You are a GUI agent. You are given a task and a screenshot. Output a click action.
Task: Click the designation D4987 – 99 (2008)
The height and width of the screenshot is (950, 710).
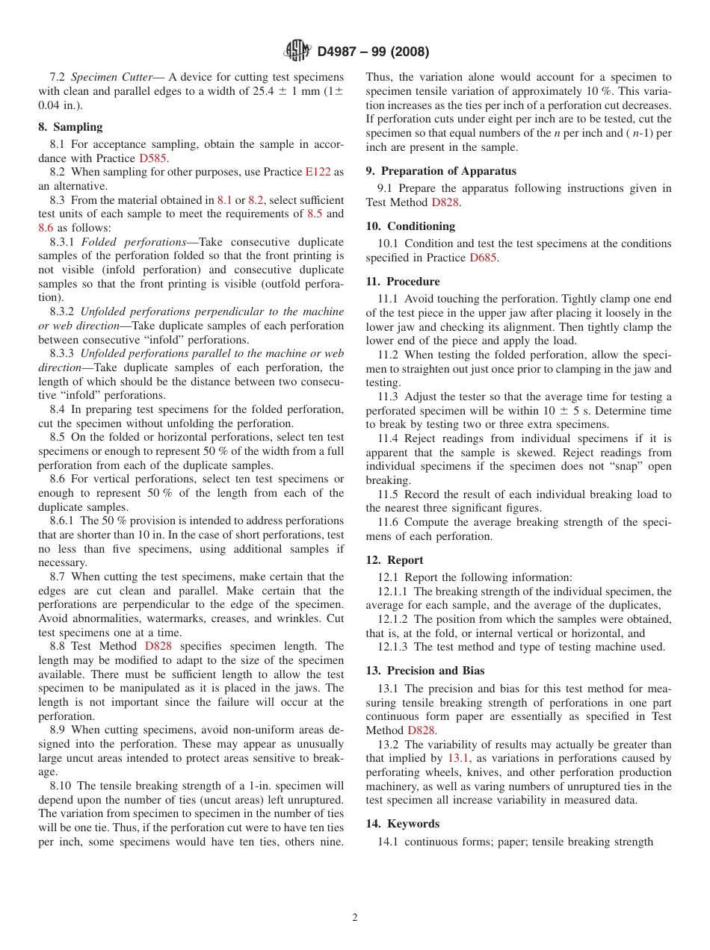(x=373, y=52)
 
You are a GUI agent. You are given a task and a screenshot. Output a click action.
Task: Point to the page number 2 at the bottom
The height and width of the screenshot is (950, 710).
(x=355, y=918)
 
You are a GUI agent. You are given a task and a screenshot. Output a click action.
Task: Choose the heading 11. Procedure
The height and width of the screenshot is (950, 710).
(x=403, y=282)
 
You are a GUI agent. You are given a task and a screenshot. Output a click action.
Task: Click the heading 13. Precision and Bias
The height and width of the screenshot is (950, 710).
(x=425, y=671)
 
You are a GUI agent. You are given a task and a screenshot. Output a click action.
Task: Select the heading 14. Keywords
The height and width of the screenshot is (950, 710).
(x=403, y=824)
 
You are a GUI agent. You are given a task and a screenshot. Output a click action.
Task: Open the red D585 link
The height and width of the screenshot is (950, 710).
(x=153, y=158)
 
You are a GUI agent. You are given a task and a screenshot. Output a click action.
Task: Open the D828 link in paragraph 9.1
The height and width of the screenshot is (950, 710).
(x=445, y=202)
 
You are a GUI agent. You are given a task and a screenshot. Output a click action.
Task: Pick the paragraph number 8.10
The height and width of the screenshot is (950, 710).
(x=62, y=786)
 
